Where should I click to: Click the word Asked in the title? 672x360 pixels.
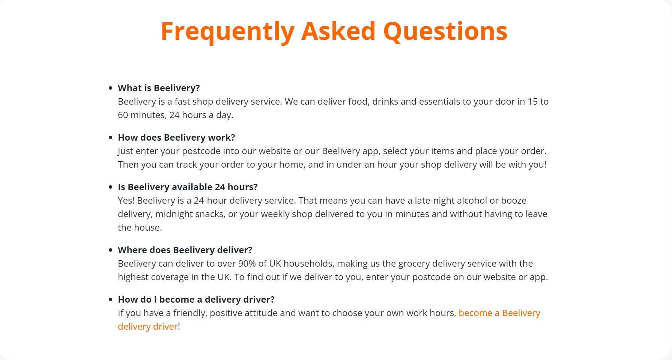coord(338,31)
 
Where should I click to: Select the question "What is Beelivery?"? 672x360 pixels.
coord(159,88)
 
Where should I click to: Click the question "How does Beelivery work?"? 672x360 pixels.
coord(176,138)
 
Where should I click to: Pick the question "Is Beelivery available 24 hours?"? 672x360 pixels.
coord(188,187)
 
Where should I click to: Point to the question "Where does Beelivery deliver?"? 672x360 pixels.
coord(185,250)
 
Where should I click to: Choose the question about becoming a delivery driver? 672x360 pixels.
coord(196,300)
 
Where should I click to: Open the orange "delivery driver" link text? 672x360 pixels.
coord(148,327)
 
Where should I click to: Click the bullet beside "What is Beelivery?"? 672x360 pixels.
coord(110,88)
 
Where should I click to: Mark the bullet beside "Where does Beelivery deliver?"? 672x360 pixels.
coord(110,250)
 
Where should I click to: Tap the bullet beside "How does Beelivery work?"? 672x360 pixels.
coord(110,138)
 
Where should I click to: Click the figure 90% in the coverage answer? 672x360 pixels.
coord(247,264)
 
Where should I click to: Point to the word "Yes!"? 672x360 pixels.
coord(126,201)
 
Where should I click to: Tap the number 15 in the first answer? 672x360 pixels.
coord(532,102)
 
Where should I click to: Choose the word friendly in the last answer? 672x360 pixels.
coord(190,313)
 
